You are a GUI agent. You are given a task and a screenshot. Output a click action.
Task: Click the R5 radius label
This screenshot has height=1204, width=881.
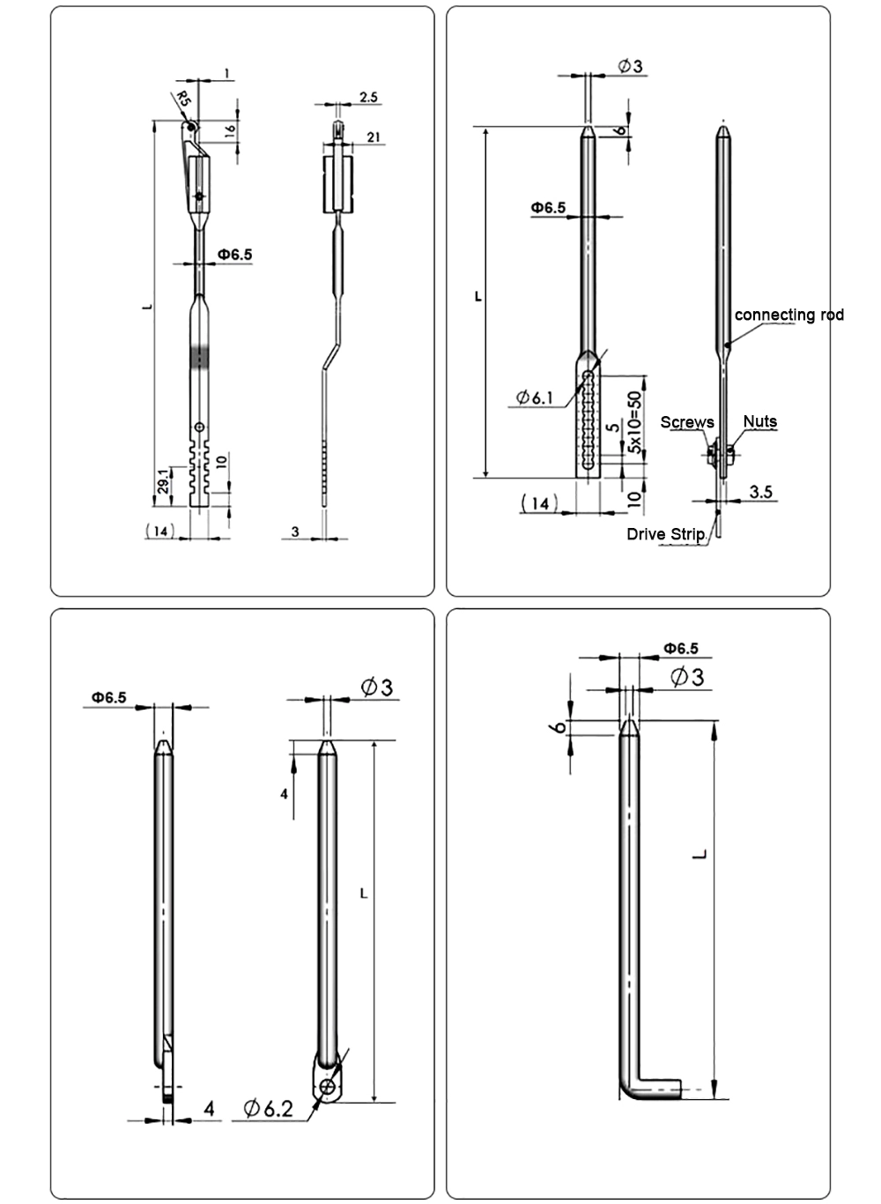tap(183, 97)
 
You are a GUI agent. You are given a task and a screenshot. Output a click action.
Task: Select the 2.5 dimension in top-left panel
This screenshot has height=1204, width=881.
tap(369, 97)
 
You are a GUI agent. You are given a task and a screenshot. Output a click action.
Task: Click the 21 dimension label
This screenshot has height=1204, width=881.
tap(373, 136)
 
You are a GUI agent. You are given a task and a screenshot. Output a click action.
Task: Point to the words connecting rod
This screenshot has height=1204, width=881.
tap(788, 315)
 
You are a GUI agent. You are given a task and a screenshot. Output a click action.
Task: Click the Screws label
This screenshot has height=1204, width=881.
tap(687, 422)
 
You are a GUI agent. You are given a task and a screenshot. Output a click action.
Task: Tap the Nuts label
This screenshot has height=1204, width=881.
tap(759, 421)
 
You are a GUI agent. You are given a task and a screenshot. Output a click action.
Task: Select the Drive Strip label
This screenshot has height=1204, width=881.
tap(665, 533)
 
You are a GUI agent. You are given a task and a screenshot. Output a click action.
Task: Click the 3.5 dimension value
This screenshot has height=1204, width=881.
tap(760, 492)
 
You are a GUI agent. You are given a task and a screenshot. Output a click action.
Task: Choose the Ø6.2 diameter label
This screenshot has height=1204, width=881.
tap(268, 1108)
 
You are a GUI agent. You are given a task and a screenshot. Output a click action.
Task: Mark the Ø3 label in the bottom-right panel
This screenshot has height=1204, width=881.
tap(687, 677)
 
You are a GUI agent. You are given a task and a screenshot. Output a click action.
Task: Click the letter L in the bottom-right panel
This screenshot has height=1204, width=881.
tap(699, 853)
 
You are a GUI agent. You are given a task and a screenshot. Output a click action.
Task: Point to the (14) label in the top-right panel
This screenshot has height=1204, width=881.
tap(540, 502)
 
